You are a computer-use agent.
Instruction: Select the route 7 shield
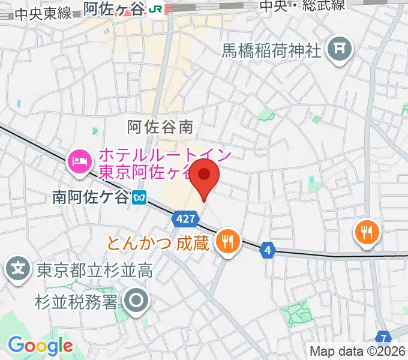[x=383, y=338]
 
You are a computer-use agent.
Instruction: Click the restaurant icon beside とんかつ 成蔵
[x=227, y=241]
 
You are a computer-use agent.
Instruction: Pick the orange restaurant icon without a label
[x=365, y=230]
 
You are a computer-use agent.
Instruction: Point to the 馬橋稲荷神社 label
[x=272, y=50]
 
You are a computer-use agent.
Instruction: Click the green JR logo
[x=156, y=8]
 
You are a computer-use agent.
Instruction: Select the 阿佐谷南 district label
[x=160, y=127]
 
